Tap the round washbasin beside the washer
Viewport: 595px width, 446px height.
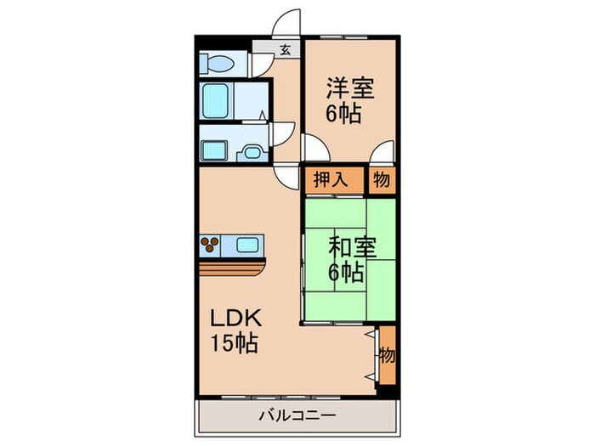coord(252,150)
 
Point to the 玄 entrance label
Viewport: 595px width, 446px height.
coord(286,49)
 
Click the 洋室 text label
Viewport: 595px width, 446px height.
coord(349,88)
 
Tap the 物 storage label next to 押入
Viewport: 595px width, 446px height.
coord(381,179)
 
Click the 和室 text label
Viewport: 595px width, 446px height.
coord(348,251)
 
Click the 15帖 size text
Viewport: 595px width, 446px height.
coord(235,346)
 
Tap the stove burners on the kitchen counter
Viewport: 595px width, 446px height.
coord(211,246)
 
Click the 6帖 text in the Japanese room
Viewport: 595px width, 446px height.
coord(348,274)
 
